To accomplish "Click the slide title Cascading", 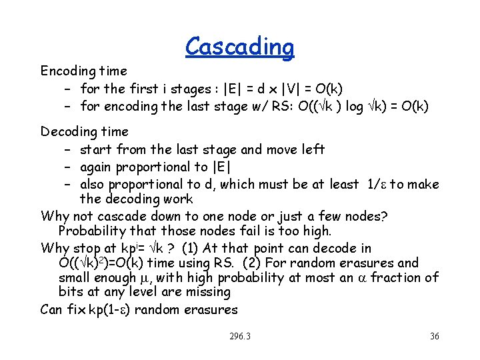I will tap(239, 47).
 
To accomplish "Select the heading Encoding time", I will tap(83, 71).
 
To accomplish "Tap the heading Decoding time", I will tap(85, 131).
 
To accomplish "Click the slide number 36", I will tap(435, 336).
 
